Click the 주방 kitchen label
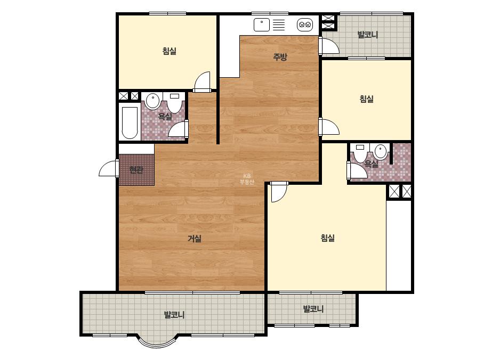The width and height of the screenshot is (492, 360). point(280,57)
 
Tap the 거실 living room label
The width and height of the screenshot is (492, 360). point(194,239)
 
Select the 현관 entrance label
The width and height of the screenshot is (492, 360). point(136,170)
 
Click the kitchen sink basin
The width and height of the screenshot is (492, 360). point(261,25)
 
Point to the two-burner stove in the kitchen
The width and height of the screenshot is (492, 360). point(305,24)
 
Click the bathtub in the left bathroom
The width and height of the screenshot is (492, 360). point(130,122)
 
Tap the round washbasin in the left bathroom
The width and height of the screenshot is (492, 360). point(153,101)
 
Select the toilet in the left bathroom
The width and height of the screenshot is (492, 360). point(174,103)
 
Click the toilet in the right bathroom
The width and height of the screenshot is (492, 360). point(360,153)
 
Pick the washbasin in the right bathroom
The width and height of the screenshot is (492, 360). point(380,152)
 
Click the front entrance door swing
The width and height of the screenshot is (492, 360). point(109,168)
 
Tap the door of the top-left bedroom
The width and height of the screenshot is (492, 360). point(202,81)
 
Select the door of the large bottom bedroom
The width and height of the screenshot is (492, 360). point(279,192)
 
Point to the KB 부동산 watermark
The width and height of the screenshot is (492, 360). point(247,179)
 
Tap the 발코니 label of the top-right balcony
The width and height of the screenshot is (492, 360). point(367,35)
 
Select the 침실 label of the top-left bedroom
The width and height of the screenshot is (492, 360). point(170,51)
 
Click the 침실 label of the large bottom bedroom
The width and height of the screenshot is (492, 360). point(328,238)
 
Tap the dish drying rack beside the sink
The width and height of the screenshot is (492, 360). point(279,25)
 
